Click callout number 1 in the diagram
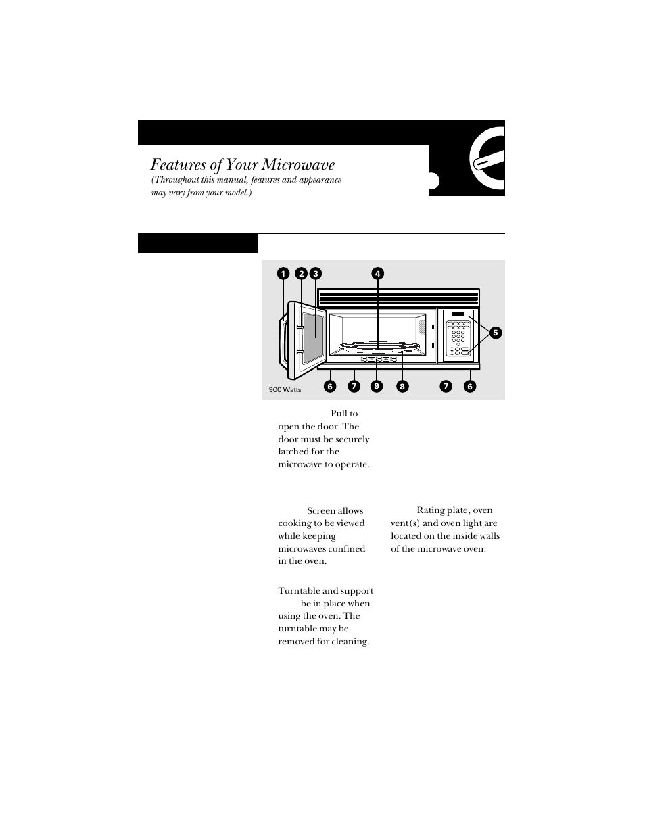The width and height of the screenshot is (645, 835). pyautogui.click(x=283, y=274)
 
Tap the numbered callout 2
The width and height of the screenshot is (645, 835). pyautogui.click(x=302, y=274)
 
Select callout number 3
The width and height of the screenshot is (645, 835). pyautogui.click(x=315, y=274)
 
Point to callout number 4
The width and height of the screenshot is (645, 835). pyautogui.click(x=377, y=274)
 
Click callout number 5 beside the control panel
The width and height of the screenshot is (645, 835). pyautogui.click(x=496, y=333)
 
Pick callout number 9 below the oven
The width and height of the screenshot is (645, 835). pyautogui.click(x=377, y=386)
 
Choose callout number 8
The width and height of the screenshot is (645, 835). pyautogui.click(x=402, y=387)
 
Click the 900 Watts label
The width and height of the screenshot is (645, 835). pyautogui.click(x=285, y=390)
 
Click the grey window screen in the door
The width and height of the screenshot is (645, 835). pyautogui.click(x=311, y=336)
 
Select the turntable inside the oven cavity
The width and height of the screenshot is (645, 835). pyautogui.click(x=377, y=348)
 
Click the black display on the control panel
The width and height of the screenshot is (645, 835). pyautogui.click(x=459, y=315)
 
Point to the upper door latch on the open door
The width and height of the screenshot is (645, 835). pyautogui.click(x=298, y=327)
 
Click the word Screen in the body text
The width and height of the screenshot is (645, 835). pyautogui.click(x=320, y=511)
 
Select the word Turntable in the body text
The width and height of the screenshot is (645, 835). pyautogui.click(x=298, y=591)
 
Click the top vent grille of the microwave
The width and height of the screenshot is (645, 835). pyautogui.click(x=398, y=298)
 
